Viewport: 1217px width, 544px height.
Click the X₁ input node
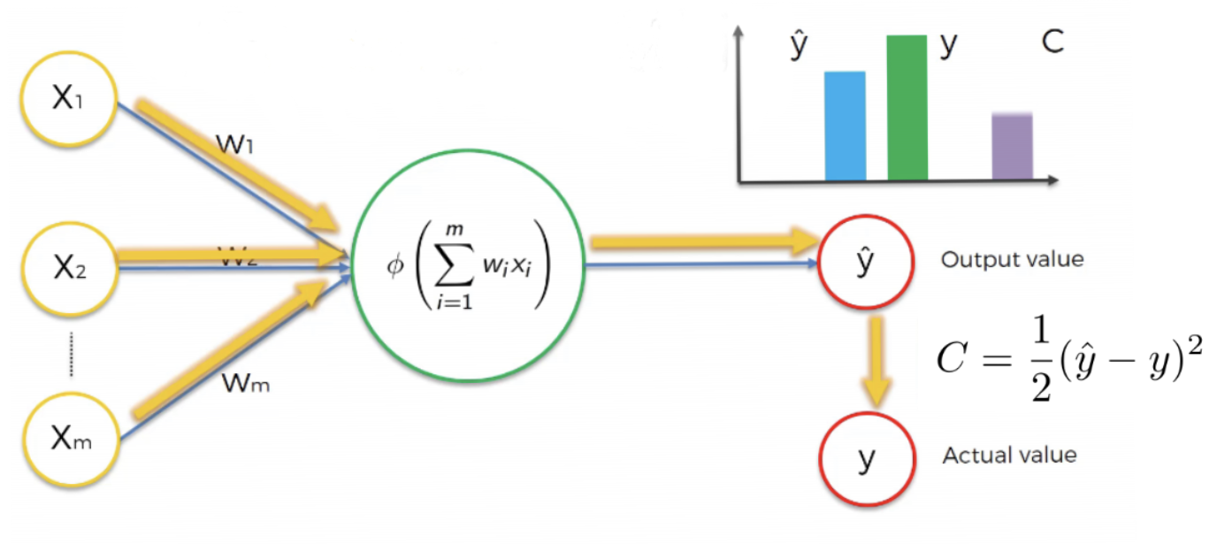pos(67,99)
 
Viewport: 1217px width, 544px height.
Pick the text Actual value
pos(1009,456)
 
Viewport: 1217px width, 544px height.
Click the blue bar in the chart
pos(845,126)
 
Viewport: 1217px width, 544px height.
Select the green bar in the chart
pos(907,108)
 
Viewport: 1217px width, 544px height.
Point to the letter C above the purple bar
pos(1052,43)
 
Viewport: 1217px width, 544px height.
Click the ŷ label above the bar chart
pos(799,46)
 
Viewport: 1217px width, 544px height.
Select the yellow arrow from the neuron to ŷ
pos(703,241)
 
